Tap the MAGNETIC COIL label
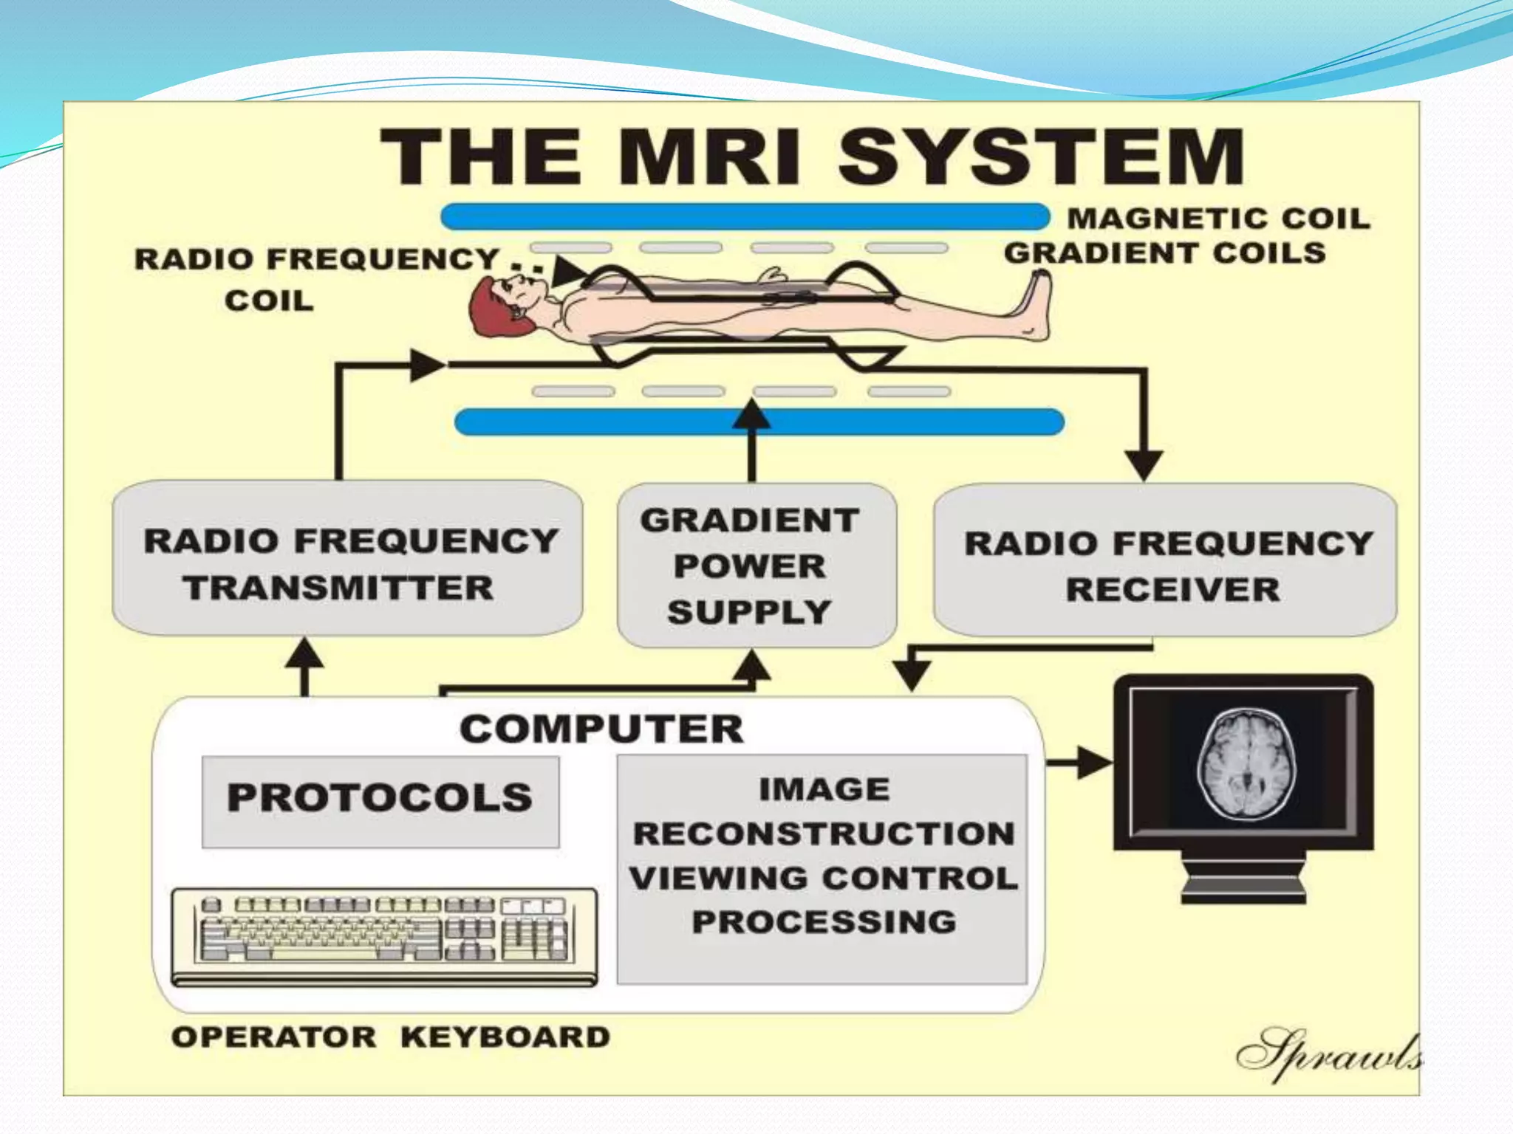(1219, 219)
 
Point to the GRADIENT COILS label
(1164, 253)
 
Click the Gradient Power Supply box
(756, 566)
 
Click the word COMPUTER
(601, 729)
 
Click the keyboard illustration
(384, 935)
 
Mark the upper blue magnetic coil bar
(745, 217)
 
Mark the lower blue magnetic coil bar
(759, 422)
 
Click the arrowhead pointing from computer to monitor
(1095, 763)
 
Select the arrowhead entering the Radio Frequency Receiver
(1144, 465)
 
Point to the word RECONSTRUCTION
(824, 834)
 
